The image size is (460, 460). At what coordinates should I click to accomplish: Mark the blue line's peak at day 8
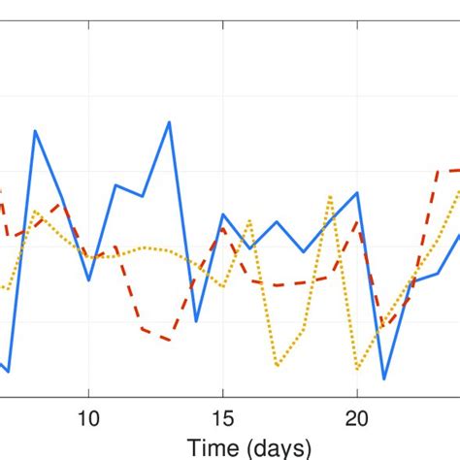(35, 130)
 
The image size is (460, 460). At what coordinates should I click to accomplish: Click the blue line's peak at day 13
(170, 121)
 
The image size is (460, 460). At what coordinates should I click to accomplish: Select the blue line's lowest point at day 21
(384, 378)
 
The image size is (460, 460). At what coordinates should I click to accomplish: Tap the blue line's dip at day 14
(196, 321)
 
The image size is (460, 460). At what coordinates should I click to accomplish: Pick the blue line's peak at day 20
(357, 192)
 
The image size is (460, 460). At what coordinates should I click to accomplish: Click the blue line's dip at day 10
(88, 280)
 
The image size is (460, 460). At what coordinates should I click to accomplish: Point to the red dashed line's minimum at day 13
(170, 341)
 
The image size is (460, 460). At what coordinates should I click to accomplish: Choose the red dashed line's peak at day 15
(223, 229)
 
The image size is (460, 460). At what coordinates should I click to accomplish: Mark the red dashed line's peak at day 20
(357, 221)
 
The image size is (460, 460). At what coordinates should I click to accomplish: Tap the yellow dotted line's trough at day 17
(277, 367)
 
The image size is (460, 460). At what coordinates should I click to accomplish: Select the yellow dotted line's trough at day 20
(357, 370)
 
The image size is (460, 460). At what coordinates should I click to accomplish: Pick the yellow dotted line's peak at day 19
(330, 196)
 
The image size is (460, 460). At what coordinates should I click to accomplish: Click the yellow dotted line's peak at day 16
(249, 220)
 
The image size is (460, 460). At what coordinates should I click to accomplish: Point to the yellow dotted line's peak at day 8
(35, 211)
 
